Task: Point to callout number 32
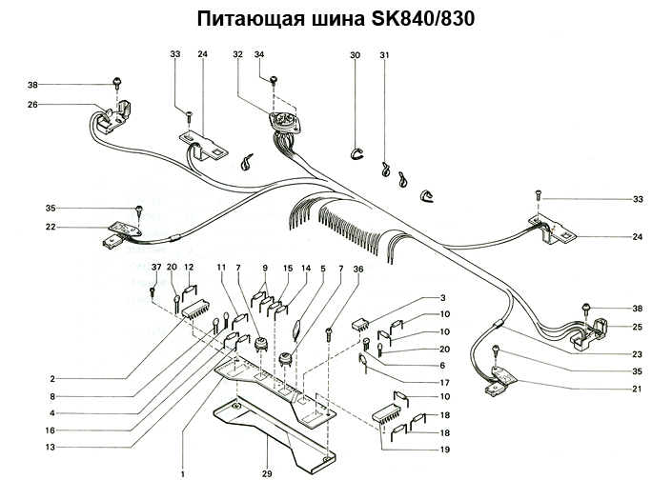[x=238, y=55]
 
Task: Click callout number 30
[x=355, y=55]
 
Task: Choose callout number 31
[x=384, y=55]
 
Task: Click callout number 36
[x=357, y=268]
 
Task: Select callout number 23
[x=635, y=354]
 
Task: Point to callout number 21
[x=635, y=389]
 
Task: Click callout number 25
[x=635, y=327]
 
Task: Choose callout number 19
[x=444, y=448]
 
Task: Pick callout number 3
[x=442, y=299]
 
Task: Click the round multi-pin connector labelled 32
[x=281, y=122]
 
